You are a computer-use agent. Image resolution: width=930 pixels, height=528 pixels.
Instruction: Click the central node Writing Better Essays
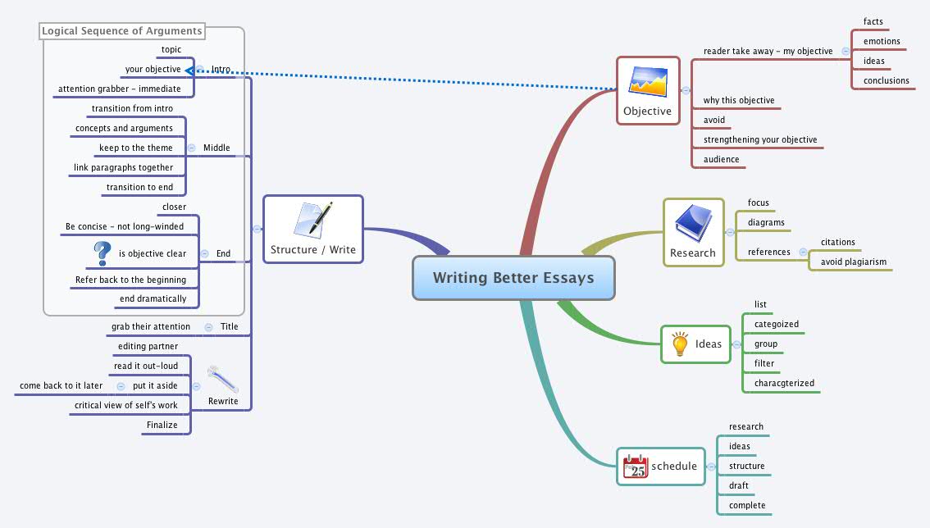point(513,278)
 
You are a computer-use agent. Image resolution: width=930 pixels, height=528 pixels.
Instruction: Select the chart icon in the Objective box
point(647,82)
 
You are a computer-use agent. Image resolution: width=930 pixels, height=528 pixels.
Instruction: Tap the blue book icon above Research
point(693,225)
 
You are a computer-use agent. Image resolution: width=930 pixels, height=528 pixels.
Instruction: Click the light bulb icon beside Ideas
point(679,344)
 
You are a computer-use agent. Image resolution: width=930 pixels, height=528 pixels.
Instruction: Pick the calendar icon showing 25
point(636,467)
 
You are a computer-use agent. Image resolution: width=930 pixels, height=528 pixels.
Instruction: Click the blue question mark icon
point(102,253)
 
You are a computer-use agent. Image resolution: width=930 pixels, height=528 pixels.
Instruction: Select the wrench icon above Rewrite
point(223,379)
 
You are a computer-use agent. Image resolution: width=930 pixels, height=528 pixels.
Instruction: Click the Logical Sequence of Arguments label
point(122,31)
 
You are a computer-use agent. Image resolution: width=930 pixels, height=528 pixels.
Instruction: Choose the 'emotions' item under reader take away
point(882,41)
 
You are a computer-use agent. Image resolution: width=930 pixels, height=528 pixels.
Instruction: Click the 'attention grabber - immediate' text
point(119,89)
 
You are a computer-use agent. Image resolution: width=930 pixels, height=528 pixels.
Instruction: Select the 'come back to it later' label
point(62,385)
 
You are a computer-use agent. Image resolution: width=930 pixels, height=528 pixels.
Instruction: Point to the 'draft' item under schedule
point(738,485)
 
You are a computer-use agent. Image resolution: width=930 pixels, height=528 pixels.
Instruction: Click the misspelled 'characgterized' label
point(784,383)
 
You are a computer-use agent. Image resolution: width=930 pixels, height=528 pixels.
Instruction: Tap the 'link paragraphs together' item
point(123,167)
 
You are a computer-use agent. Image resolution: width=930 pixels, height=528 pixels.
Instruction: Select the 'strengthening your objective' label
point(760,139)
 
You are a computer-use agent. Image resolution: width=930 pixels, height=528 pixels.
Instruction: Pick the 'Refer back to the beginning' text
point(130,280)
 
